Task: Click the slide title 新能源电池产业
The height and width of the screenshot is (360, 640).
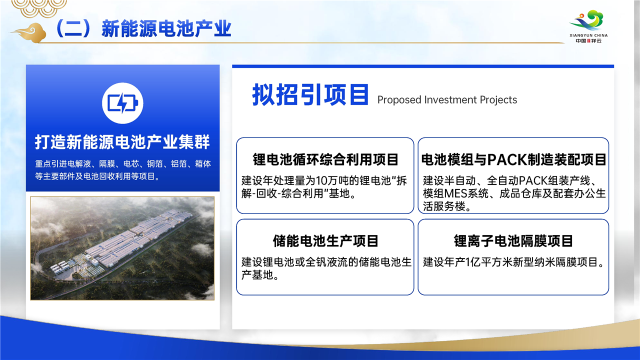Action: (x=166, y=28)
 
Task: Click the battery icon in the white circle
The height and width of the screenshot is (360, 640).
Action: (x=122, y=103)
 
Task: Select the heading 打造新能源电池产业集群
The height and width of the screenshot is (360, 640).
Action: (x=122, y=142)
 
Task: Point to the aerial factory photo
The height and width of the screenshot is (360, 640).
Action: (x=122, y=248)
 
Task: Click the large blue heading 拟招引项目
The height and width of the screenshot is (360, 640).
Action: (x=310, y=94)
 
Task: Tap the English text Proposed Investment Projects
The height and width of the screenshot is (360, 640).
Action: (x=447, y=99)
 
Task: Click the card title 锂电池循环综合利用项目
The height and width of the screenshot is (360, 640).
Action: (x=325, y=159)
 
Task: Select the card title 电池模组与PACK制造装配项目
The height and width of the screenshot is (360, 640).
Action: (x=513, y=159)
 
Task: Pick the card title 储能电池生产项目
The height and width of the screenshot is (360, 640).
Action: (x=325, y=241)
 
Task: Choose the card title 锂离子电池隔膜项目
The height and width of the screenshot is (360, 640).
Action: (x=513, y=241)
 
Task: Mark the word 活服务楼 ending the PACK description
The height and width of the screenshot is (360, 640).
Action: (x=444, y=206)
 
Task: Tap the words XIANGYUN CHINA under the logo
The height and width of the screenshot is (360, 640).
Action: (x=588, y=35)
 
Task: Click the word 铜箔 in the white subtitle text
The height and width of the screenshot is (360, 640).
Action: (x=155, y=163)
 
